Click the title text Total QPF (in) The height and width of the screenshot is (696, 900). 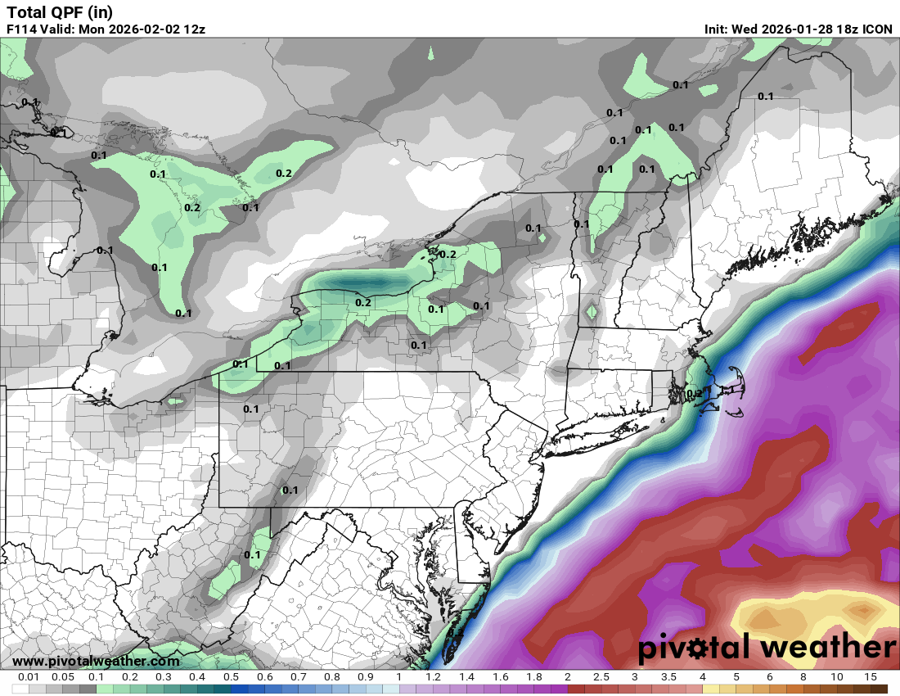tap(60, 11)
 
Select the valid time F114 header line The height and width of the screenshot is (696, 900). tap(106, 29)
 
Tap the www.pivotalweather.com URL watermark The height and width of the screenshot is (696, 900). tap(97, 661)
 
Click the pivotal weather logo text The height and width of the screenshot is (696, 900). tap(767, 649)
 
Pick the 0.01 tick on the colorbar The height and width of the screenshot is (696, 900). tap(29, 677)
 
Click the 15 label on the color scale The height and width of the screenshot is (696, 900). tap(871, 677)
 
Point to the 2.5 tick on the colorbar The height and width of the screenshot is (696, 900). tap(601, 677)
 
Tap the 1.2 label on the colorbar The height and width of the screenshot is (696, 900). tap(433, 677)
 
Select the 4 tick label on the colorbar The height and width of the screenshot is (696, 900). tap(702, 677)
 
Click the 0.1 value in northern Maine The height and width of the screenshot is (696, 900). tap(766, 96)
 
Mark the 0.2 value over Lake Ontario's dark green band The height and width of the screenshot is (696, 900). tap(363, 302)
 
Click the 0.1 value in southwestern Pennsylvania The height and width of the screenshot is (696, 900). tap(290, 490)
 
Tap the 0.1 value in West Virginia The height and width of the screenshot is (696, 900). tap(252, 554)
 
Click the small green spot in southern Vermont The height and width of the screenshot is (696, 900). tap(592, 312)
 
